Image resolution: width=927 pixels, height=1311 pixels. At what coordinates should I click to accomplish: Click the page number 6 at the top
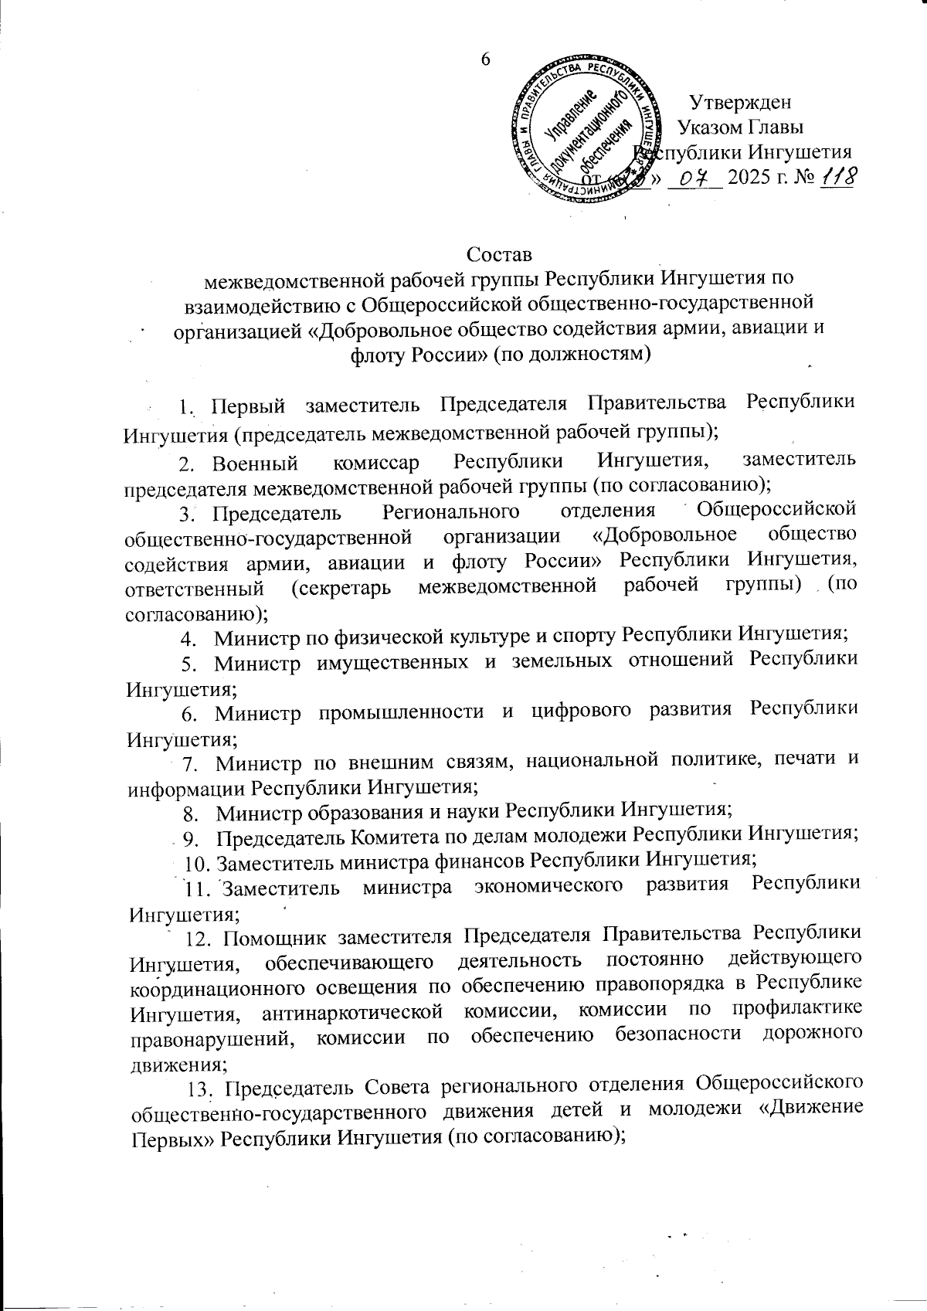pos(486,59)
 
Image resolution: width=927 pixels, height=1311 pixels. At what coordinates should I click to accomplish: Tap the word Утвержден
pos(741,102)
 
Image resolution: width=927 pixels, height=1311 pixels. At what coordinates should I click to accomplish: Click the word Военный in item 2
pos(256,463)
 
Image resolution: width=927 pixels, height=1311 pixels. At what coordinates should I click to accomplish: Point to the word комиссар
pos(378,463)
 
